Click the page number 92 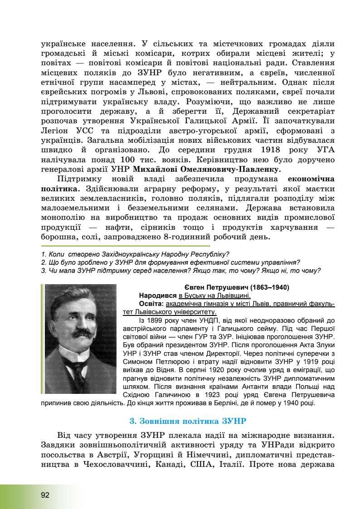point(44,494)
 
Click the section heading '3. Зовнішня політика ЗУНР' point(188,421)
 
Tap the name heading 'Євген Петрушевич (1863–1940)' point(237,287)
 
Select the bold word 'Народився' point(158,295)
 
